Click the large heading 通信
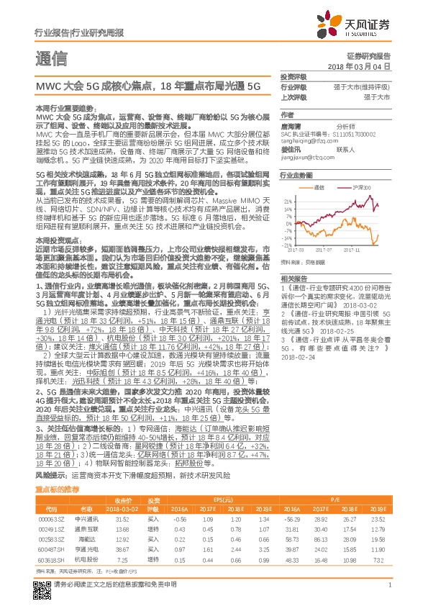pos(50,59)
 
